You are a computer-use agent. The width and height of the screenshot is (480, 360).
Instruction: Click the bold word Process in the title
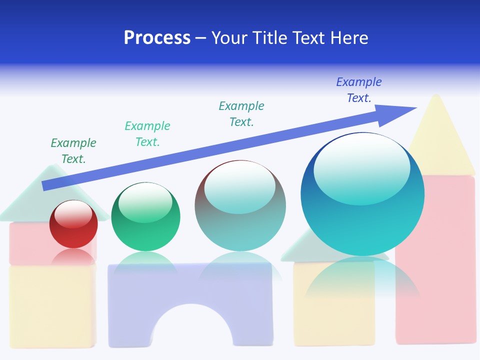[x=157, y=38]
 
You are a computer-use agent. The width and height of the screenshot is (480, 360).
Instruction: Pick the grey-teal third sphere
[x=240, y=205]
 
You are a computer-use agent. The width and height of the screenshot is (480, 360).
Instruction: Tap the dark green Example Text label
[x=73, y=151]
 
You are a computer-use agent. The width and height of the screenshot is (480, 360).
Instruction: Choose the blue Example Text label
[x=359, y=90]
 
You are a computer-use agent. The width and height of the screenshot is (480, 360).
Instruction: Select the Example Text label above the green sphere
[x=147, y=134]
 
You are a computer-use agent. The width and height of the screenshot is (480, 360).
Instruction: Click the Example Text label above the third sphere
[x=241, y=114]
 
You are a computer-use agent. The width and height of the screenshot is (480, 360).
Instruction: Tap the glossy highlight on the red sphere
[x=73, y=214]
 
